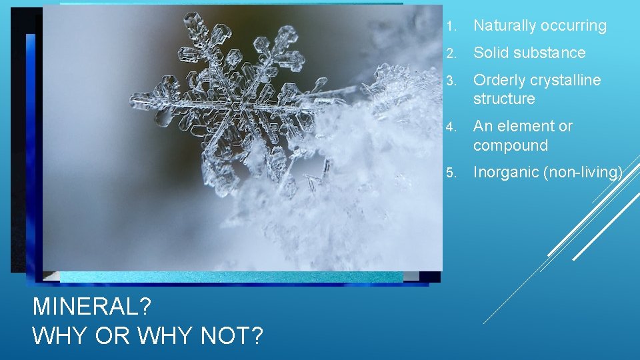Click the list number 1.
pyautogui.click(x=451, y=27)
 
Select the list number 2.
pyautogui.click(x=451, y=53)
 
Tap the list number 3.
pyautogui.click(x=451, y=81)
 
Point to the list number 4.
pyautogui.click(x=451, y=127)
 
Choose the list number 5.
pyautogui.click(x=451, y=173)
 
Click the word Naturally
pyautogui.click(x=505, y=26)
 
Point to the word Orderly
pyautogui.click(x=499, y=80)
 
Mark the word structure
pyautogui.click(x=504, y=99)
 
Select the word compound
pyautogui.click(x=511, y=145)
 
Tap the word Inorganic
pyautogui.click(x=506, y=173)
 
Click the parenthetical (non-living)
pyautogui.click(x=583, y=173)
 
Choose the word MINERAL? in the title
pyautogui.click(x=92, y=307)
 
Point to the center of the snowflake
pyautogui.click(x=234, y=104)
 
